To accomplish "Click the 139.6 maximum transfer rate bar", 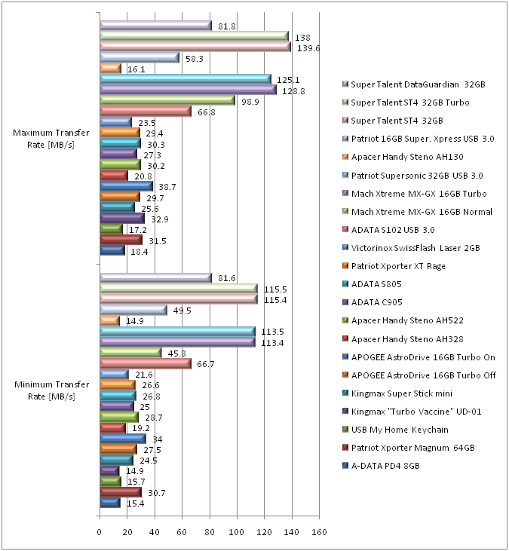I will (x=195, y=47).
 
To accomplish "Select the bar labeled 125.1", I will (x=185, y=79).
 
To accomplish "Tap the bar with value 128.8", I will (x=188, y=90).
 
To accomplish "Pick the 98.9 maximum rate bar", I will (x=167, y=100).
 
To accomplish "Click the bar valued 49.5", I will (x=133, y=310).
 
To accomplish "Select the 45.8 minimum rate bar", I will (x=130, y=353).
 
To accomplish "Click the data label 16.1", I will (x=136, y=69).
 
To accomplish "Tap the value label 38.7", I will (x=167, y=185).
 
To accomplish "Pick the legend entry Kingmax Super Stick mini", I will (x=406, y=393).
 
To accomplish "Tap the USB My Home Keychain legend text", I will (x=400, y=429).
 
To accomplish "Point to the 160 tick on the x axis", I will (x=319, y=533).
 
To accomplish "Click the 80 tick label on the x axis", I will (x=210, y=533).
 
